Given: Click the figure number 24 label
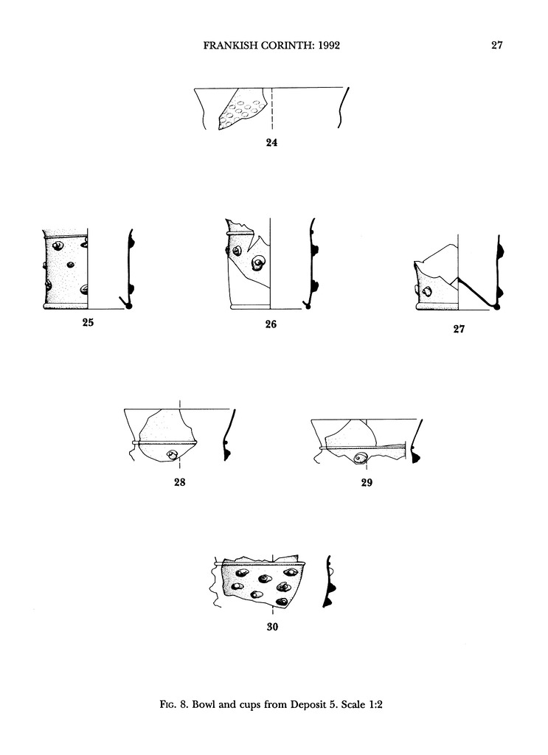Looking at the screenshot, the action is (x=271, y=142).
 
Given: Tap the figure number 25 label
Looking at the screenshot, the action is (x=88, y=323).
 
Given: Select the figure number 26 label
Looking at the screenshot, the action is (x=271, y=324).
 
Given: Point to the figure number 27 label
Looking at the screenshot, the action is (x=459, y=329).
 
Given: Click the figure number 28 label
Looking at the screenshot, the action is (x=180, y=482).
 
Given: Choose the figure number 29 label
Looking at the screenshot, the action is (x=367, y=482).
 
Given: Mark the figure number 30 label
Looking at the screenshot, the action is (x=273, y=627).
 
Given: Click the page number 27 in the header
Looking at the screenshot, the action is (x=497, y=45).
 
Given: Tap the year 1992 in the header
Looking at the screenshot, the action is (x=330, y=45).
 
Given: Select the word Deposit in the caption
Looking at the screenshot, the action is (x=309, y=705).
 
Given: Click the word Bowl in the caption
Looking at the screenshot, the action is (x=204, y=705).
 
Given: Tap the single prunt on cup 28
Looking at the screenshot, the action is (x=173, y=455).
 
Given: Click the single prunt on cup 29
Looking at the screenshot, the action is (x=359, y=459).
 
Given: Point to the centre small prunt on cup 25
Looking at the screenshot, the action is (x=71, y=265).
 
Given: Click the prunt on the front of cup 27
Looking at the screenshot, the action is (x=427, y=291).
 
